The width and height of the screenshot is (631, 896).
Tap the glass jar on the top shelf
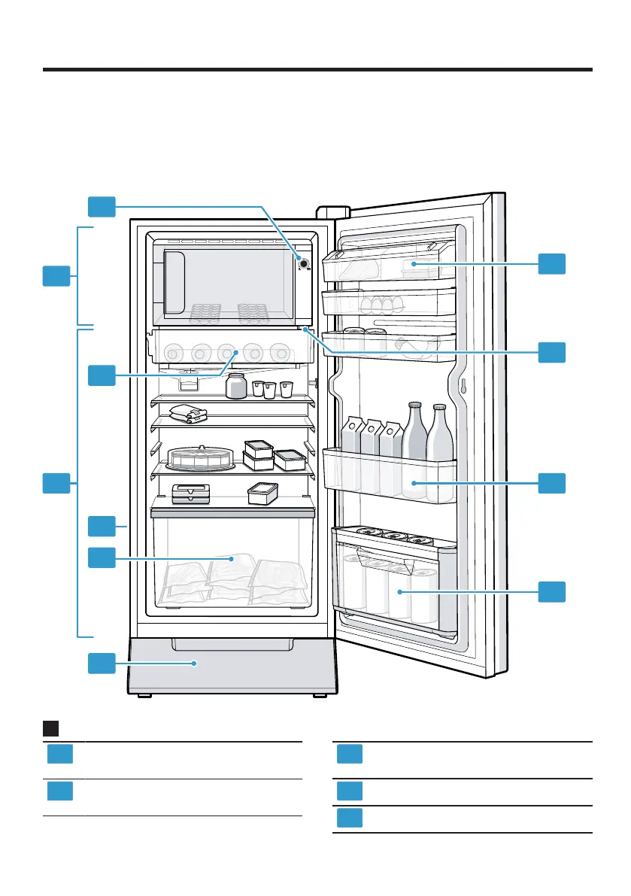tap(236, 385)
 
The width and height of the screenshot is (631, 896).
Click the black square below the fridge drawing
tap(51, 728)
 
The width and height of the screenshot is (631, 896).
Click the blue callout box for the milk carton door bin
tap(552, 483)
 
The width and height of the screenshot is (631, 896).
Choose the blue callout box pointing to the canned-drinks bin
tap(552, 591)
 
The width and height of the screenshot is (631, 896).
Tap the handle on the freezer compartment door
tap(173, 281)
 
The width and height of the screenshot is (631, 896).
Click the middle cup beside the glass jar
tap(270, 390)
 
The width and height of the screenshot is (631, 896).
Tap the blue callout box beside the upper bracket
tap(56, 275)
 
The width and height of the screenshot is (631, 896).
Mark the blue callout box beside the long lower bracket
tap(56, 483)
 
